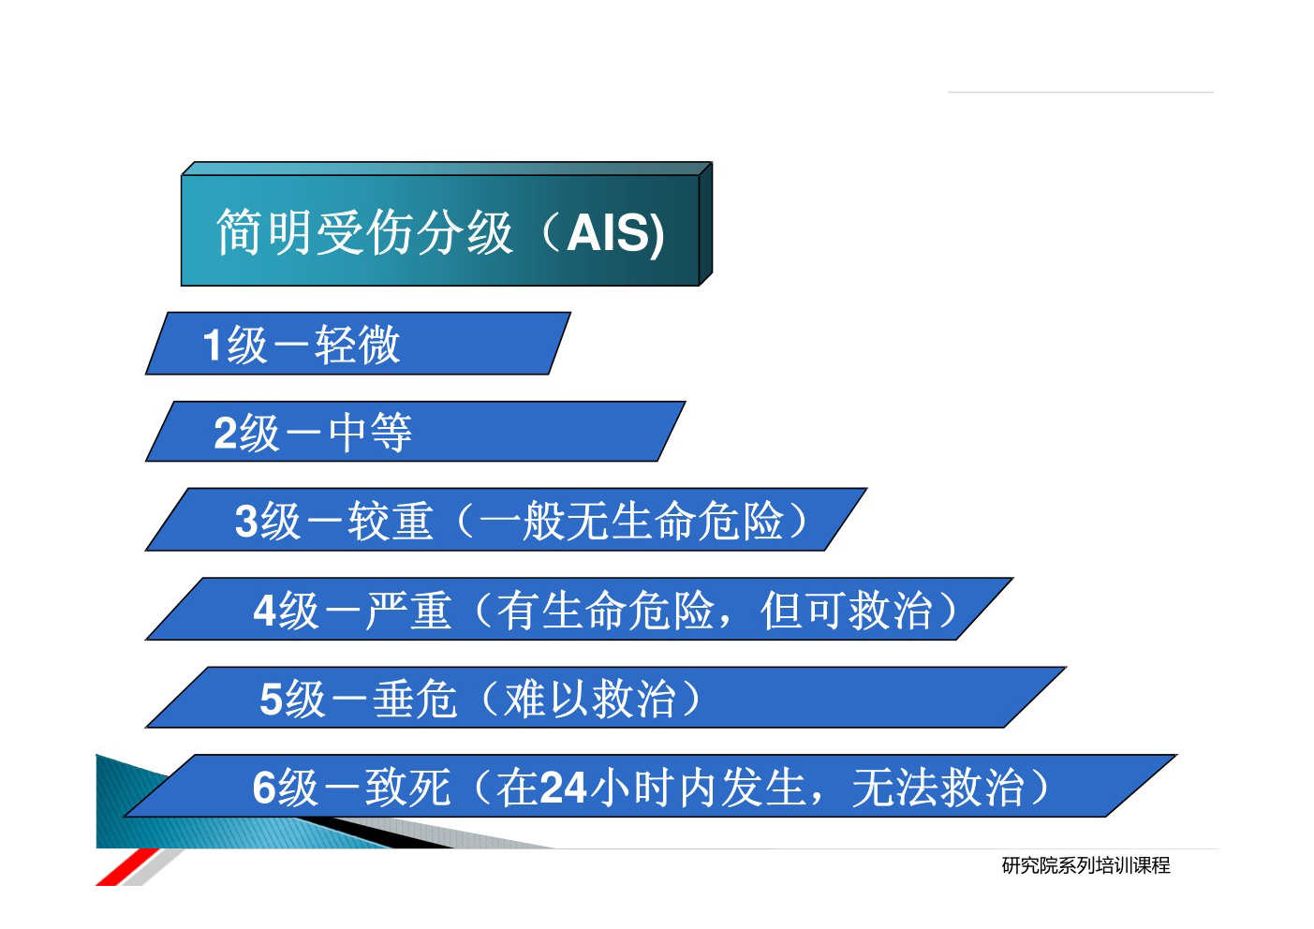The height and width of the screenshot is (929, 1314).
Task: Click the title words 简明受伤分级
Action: pyautogui.click(x=364, y=232)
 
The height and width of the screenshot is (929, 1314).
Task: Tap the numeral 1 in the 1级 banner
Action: pyautogui.click(x=212, y=345)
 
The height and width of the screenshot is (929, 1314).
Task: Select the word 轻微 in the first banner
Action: pyautogui.click(x=357, y=345)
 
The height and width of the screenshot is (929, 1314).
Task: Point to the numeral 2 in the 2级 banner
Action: pyautogui.click(x=226, y=433)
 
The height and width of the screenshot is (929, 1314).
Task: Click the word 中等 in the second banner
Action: pyautogui.click(x=370, y=433)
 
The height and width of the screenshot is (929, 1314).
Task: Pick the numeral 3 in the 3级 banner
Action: pyautogui.click(x=246, y=521)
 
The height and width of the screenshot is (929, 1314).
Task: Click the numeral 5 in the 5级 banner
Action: pyautogui.click(x=271, y=700)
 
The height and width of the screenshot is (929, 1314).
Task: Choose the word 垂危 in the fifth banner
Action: pyautogui.click(x=415, y=699)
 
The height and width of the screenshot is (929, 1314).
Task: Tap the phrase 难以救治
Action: pyautogui.click(x=589, y=699)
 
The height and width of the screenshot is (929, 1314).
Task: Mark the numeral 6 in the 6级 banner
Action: pyautogui.click(x=264, y=787)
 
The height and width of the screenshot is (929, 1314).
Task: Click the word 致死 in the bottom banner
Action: pyautogui.click(x=408, y=787)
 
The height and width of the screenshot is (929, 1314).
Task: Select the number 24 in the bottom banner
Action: pyautogui.click(x=563, y=787)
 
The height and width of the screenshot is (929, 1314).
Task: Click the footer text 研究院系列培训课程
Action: pyautogui.click(x=1085, y=865)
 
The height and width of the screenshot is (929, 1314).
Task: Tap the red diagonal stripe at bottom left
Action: pyautogui.click(x=127, y=867)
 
